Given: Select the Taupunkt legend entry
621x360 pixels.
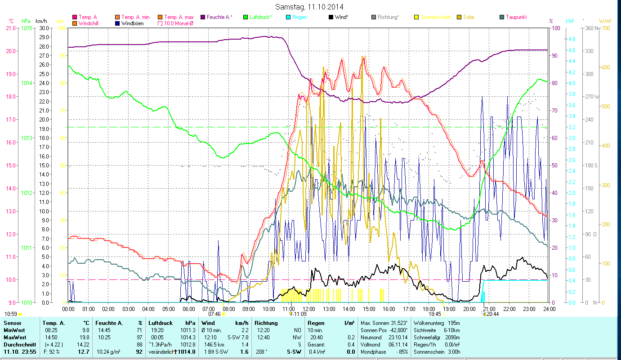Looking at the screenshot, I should (516, 17).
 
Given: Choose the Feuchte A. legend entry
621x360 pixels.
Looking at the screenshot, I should (219, 17).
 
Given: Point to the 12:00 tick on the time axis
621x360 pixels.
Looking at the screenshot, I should (308, 309).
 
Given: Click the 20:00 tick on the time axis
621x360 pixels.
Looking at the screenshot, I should (469, 309).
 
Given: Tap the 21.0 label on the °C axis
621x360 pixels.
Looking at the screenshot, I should (10, 28).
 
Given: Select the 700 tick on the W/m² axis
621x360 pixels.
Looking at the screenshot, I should (605, 28).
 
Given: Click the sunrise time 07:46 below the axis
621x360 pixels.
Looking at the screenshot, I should (214, 314).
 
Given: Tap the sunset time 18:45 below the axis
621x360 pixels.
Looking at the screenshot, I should (435, 314).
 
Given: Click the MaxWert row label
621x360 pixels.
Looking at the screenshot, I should (15, 337).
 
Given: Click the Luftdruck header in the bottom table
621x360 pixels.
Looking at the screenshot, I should (160, 323).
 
